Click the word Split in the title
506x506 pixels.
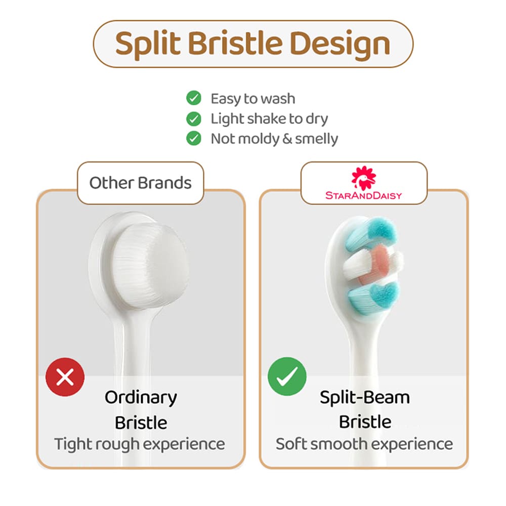click(x=147, y=44)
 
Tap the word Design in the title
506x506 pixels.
click(x=340, y=44)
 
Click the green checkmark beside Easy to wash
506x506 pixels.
click(x=194, y=98)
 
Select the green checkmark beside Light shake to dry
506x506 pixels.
click(x=194, y=119)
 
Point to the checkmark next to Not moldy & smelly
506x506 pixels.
click(x=194, y=139)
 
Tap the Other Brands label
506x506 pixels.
click(x=140, y=183)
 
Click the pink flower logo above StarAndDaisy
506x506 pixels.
click(x=364, y=178)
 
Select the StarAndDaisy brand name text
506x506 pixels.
click(x=364, y=195)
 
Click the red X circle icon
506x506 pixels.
click(x=65, y=376)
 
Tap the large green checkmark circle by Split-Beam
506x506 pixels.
click(x=287, y=376)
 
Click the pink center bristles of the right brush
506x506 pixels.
click(x=374, y=265)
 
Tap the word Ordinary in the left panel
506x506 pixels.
click(x=141, y=398)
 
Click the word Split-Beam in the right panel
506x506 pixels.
click(x=365, y=398)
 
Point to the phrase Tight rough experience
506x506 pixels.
click(x=140, y=444)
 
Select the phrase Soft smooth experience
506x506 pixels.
click(x=364, y=444)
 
